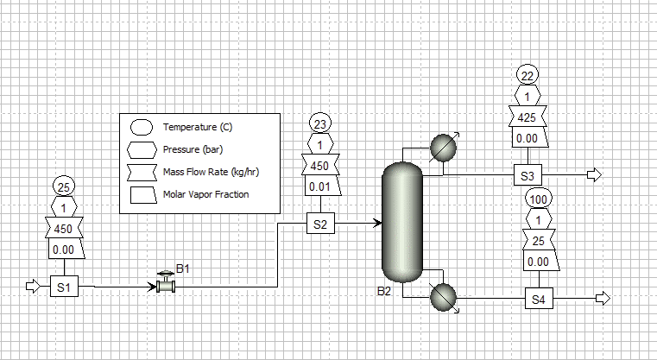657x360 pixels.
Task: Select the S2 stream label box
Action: [320, 224]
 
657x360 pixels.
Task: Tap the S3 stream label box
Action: [527, 174]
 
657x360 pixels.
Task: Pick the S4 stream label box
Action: [539, 299]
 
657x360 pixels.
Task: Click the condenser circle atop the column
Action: [443, 148]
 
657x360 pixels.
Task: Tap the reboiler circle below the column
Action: [443, 297]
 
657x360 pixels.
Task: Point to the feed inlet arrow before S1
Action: [33, 287]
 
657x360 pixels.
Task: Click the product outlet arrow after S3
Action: [594, 174]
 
